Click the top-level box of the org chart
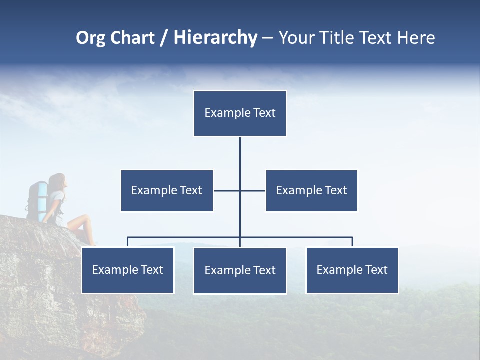pyautogui.click(x=240, y=113)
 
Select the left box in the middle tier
pyautogui.click(x=167, y=190)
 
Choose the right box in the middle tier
pyautogui.click(x=311, y=190)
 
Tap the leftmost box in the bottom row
pyautogui.click(x=127, y=270)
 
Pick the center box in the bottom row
pyautogui.click(x=240, y=270)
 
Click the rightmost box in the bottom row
pyautogui.click(x=352, y=270)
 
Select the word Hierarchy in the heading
pyautogui.click(x=215, y=38)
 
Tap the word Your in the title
pyautogui.click(x=296, y=38)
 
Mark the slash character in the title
pyautogui.click(x=163, y=38)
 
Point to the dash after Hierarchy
pyautogui.click(x=267, y=38)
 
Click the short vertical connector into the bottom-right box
pyautogui.click(x=352, y=242)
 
